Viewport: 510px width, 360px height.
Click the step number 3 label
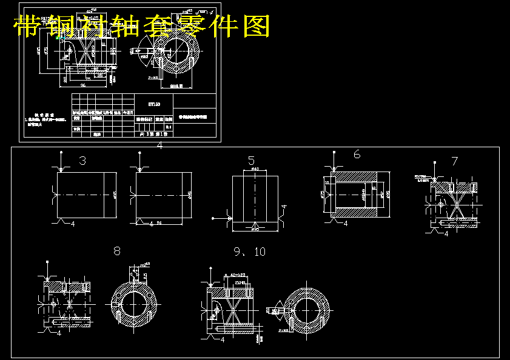click(82, 161)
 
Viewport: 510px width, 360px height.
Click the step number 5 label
click(251, 161)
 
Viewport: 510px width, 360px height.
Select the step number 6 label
click(357, 155)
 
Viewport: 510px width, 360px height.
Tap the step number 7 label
click(455, 161)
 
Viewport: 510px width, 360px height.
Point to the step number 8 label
click(117, 251)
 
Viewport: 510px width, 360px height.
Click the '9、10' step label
click(249, 252)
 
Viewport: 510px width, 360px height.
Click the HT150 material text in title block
click(155, 104)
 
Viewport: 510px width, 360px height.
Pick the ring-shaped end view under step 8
click(134, 302)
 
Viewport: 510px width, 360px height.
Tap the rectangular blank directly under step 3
click(86, 195)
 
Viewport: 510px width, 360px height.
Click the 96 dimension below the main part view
click(82, 86)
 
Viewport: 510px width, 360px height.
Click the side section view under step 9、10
click(230, 306)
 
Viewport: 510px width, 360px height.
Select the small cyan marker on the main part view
click(59, 37)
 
